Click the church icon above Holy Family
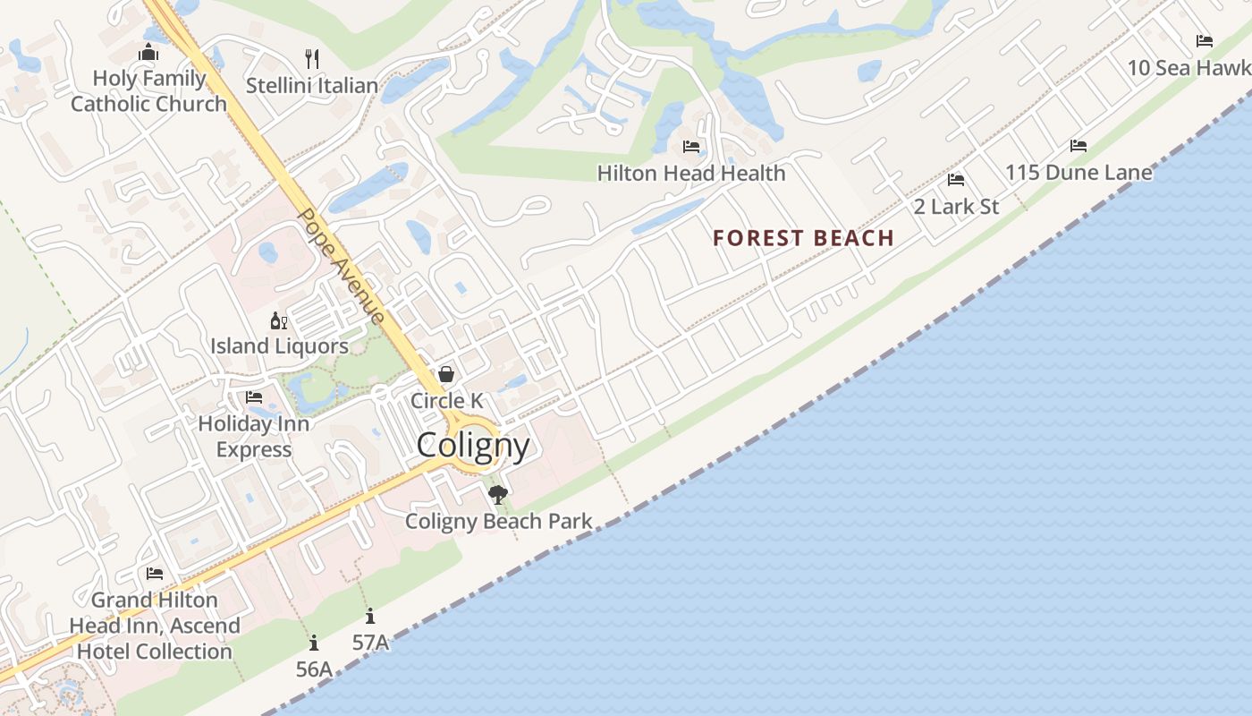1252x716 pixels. pyautogui.click(x=148, y=53)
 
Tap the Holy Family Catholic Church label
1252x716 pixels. pyautogui.click(x=149, y=91)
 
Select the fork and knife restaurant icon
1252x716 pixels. pyautogui.click(x=312, y=59)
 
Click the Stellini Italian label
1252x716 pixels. pyautogui.click(x=312, y=86)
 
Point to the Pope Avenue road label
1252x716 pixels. pyautogui.click(x=342, y=267)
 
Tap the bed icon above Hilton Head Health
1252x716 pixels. pyautogui.click(x=690, y=146)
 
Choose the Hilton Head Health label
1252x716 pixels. pyautogui.click(x=691, y=173)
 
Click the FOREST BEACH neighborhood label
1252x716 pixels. pyautogui.click(x=803, y=238)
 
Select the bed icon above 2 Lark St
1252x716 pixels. pyautogui.click(x=956, y=180)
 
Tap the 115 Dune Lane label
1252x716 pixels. pyautogui.click(x=1079, y=172)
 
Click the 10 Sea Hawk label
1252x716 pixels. pyautogui.click(x=1189, y=68)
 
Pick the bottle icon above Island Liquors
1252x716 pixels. pyautogui.click(x=279, y=320)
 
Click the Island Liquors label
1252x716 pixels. pyautogui.click(x=279, y=345)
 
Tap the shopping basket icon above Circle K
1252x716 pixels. pyautogui.click(x=446, y=374)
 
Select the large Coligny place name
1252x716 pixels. pyautogui.click(x=473, y=445)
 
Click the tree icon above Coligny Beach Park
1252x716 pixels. pyautogui.click(x=498, y=494)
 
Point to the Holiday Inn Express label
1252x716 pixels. pyautogui.click(x=254, y=436)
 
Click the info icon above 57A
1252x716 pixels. pyautogui.click(x=370, y=616)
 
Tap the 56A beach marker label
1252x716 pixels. pyautogui.click(x=314, y=669)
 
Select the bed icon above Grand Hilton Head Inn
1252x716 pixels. pyautogui.click(x=155, y=574)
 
